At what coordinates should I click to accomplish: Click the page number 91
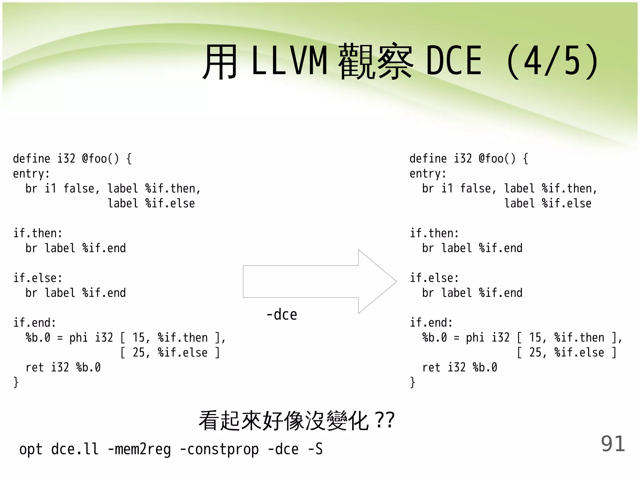[612, 444]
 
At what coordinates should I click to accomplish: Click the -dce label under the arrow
[282, 314]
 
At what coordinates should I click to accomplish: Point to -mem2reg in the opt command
[139, 449]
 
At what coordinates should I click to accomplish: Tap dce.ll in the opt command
[75, 449]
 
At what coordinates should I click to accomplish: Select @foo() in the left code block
[100, 159]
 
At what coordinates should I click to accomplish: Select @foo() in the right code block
[497, 159]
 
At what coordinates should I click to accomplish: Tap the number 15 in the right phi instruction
[536, 338]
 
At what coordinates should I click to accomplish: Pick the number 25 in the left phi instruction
[139, 353]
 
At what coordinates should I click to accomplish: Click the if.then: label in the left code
[38, 233]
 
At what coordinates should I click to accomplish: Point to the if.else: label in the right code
[434, 278]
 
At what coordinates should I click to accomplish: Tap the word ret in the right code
[431, 367]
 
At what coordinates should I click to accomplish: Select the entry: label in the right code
[428, 174]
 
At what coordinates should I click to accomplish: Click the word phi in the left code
[78, 338]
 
